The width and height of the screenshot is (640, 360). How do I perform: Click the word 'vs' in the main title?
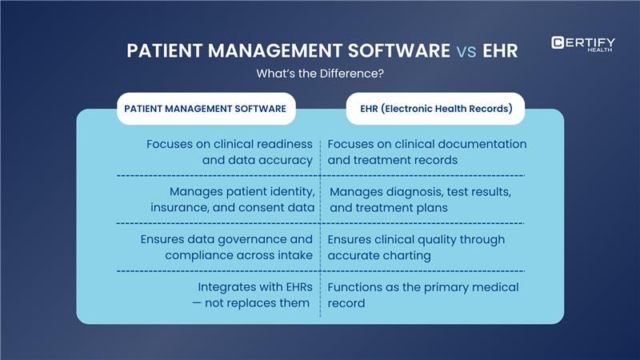tap(467, 51)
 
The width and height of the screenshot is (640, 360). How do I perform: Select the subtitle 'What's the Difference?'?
tap(320, 74)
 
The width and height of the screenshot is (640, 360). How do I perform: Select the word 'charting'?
tap(406, 255)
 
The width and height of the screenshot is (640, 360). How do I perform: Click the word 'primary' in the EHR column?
tap(460, 287)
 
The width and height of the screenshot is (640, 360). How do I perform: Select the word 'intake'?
tap(294, 255)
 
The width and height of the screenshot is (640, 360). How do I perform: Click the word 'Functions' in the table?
tap(358, 287)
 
